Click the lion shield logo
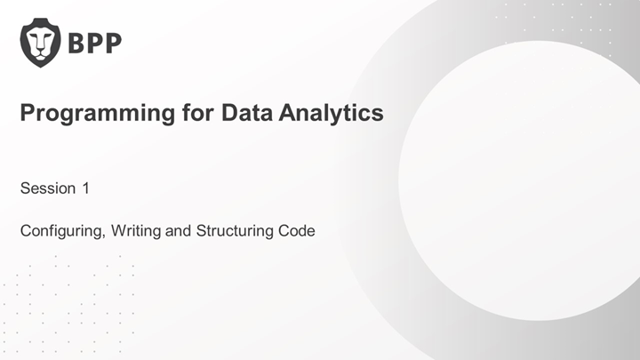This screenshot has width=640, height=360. click(x=40, y=43)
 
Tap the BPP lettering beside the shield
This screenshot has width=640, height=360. click(x=95, y=43)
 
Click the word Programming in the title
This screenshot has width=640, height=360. click(x=98, y=114)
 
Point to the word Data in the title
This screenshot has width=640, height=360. click(x=247, y=112)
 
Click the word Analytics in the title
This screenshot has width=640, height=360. click(x=331, y=114)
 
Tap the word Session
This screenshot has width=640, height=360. click(x=48, y=188)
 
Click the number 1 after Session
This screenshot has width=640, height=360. click(x=85, y=188)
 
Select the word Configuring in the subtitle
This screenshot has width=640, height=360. click(x=61, y=231)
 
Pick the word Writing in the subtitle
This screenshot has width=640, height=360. click(x=136, y=231)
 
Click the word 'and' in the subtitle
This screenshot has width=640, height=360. click(x=178, y=230)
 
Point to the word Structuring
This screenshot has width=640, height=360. click(x=235, y=231)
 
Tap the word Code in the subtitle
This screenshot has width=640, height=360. click(x=296, y=230)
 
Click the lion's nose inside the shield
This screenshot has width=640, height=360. click(x=40, y=52)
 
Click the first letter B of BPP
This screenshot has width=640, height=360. click(x=76, y=43)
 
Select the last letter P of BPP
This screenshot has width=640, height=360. click(x=113, y=43)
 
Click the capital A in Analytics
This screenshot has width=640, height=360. click(x=288, y=112)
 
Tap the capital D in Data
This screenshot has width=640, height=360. click(x=230, y=112)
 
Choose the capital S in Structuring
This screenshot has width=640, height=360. click(x=201, y=230)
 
